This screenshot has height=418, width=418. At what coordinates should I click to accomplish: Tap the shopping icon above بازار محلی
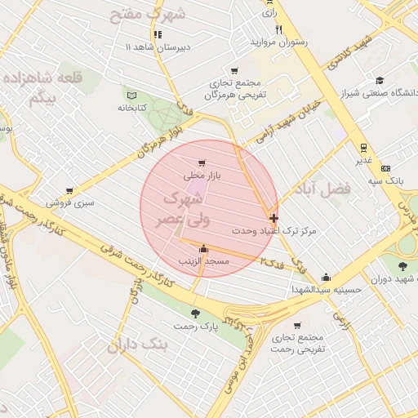202,163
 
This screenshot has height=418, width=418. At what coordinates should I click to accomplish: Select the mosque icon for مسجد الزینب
203,250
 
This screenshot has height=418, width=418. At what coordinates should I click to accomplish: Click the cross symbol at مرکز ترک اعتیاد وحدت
273,218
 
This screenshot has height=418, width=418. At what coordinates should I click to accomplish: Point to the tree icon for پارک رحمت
194,313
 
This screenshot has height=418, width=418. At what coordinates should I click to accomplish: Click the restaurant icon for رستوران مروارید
278,29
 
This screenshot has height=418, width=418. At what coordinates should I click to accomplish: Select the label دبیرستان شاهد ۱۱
158,47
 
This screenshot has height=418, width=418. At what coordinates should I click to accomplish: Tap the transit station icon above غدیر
362,148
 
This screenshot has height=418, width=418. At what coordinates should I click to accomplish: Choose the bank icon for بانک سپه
398,167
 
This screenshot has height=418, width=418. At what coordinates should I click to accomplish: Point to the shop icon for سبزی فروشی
69,188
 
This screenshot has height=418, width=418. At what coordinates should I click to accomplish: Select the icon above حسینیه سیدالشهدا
326,278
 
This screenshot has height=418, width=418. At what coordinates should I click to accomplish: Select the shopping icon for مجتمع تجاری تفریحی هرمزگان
235,71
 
